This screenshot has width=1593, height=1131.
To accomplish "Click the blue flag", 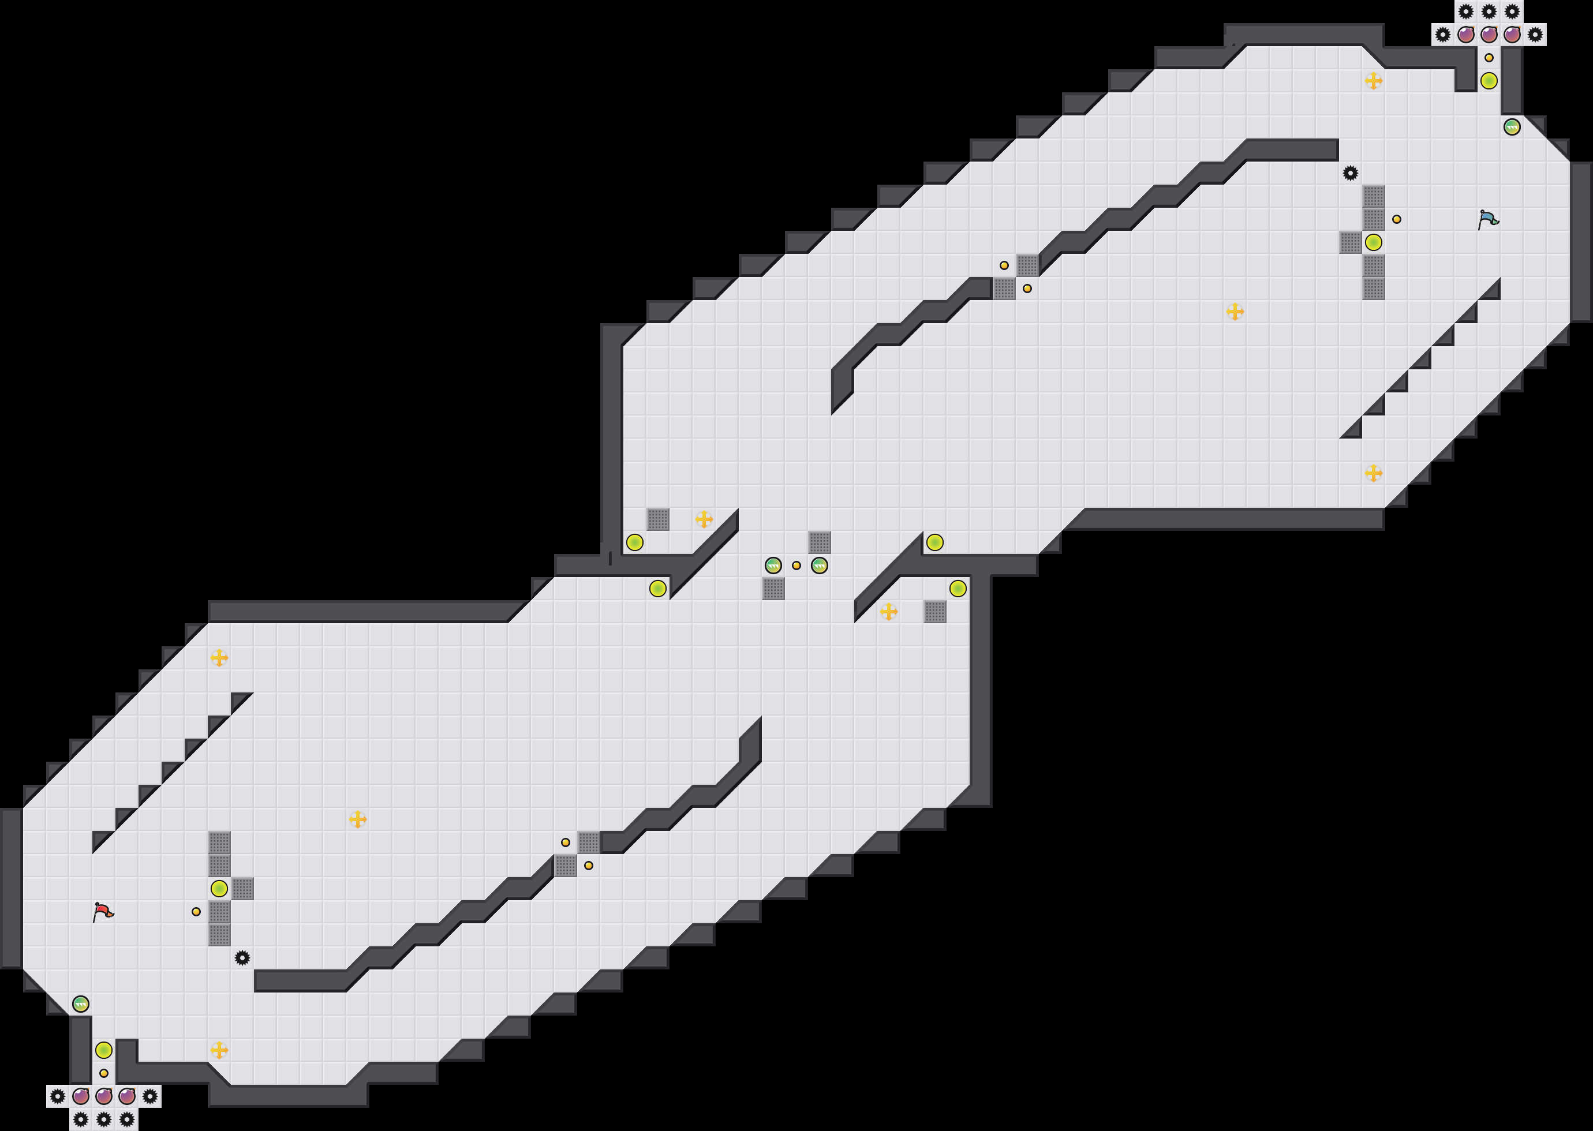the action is coord(1488,219).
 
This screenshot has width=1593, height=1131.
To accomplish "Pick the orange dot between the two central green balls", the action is coord(796,565).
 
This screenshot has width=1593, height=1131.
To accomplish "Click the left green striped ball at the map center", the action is coord(773,565).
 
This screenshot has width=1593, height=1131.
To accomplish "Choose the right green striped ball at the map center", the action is coord(819,565).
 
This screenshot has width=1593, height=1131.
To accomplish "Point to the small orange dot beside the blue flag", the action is coord(1397,219).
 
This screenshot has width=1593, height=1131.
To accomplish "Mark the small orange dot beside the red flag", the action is coord(196,912).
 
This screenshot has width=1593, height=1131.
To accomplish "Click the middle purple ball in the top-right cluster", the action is coord(1489,35).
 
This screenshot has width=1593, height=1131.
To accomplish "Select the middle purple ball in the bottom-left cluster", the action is coord(104,1097).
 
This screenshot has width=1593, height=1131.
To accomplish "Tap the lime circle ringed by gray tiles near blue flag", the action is coord(1373,242).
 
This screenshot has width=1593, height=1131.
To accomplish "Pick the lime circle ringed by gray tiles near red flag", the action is coord(219,889).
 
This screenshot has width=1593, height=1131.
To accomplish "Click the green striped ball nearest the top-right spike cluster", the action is coord(1512,128).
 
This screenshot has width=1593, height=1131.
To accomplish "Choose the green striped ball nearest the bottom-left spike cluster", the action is coord(81,1004).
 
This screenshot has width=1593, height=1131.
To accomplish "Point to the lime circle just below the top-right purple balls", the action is coord(1489,81).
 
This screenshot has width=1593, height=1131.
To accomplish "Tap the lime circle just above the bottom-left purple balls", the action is coord(104,1050).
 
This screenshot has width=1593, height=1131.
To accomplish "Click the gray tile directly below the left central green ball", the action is coord(773,589).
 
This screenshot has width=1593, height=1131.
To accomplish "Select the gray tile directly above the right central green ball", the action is coord(819,542).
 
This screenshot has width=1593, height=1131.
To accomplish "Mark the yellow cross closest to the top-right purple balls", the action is coord(1373,81).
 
